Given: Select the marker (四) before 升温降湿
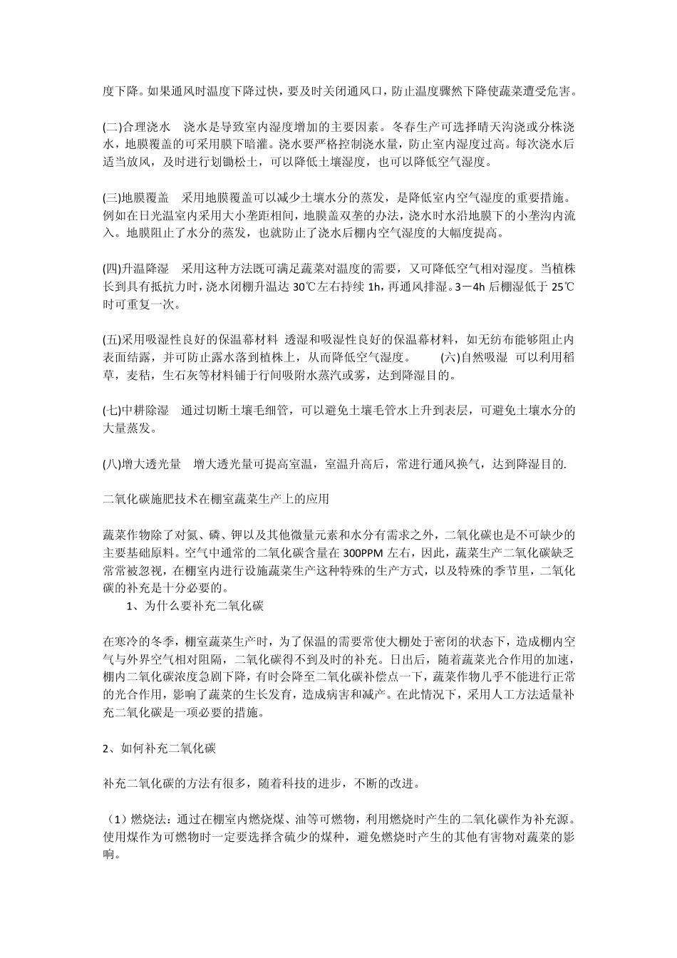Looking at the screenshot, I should coord(113,269).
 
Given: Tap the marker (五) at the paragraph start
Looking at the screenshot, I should coord(113,339).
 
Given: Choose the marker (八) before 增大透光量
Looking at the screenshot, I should coord(113,465).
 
